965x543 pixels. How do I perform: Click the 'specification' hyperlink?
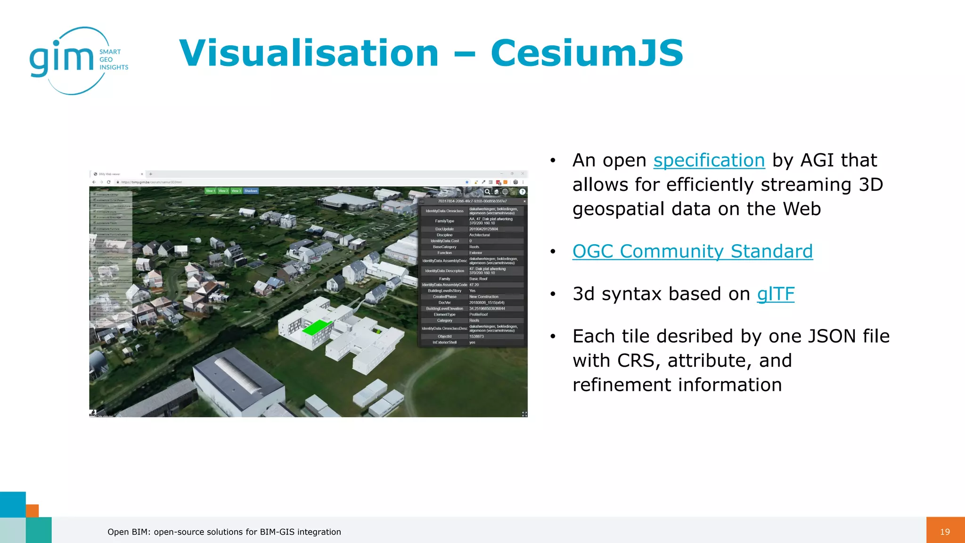(x=709, y=161)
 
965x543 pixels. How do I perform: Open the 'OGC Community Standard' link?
(x=692, y=252)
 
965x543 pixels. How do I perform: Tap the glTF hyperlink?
(x=776, y=294)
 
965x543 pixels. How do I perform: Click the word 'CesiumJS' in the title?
(x=587, y=53)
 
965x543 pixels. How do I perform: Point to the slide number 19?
(x=945, y=532)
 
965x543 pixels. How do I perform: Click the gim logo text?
(x=61, y=59)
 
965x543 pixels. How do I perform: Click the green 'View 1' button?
(x=210, y=191)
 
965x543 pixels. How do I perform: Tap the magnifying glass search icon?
(x=487, y=191)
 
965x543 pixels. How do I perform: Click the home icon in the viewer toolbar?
(x=496, y=192)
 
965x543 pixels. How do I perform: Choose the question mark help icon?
(x=522, y=192)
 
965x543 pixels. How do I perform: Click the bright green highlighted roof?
(x=316, y=327)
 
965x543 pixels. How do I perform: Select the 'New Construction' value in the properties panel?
(x=483, y=296)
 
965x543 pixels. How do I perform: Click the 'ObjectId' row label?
(x=444, y=337)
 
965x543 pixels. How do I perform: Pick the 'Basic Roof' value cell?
(x=478, y=279)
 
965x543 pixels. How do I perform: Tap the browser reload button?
(x=108, y=182)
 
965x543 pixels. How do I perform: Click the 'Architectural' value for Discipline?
(x=479, y=235)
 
